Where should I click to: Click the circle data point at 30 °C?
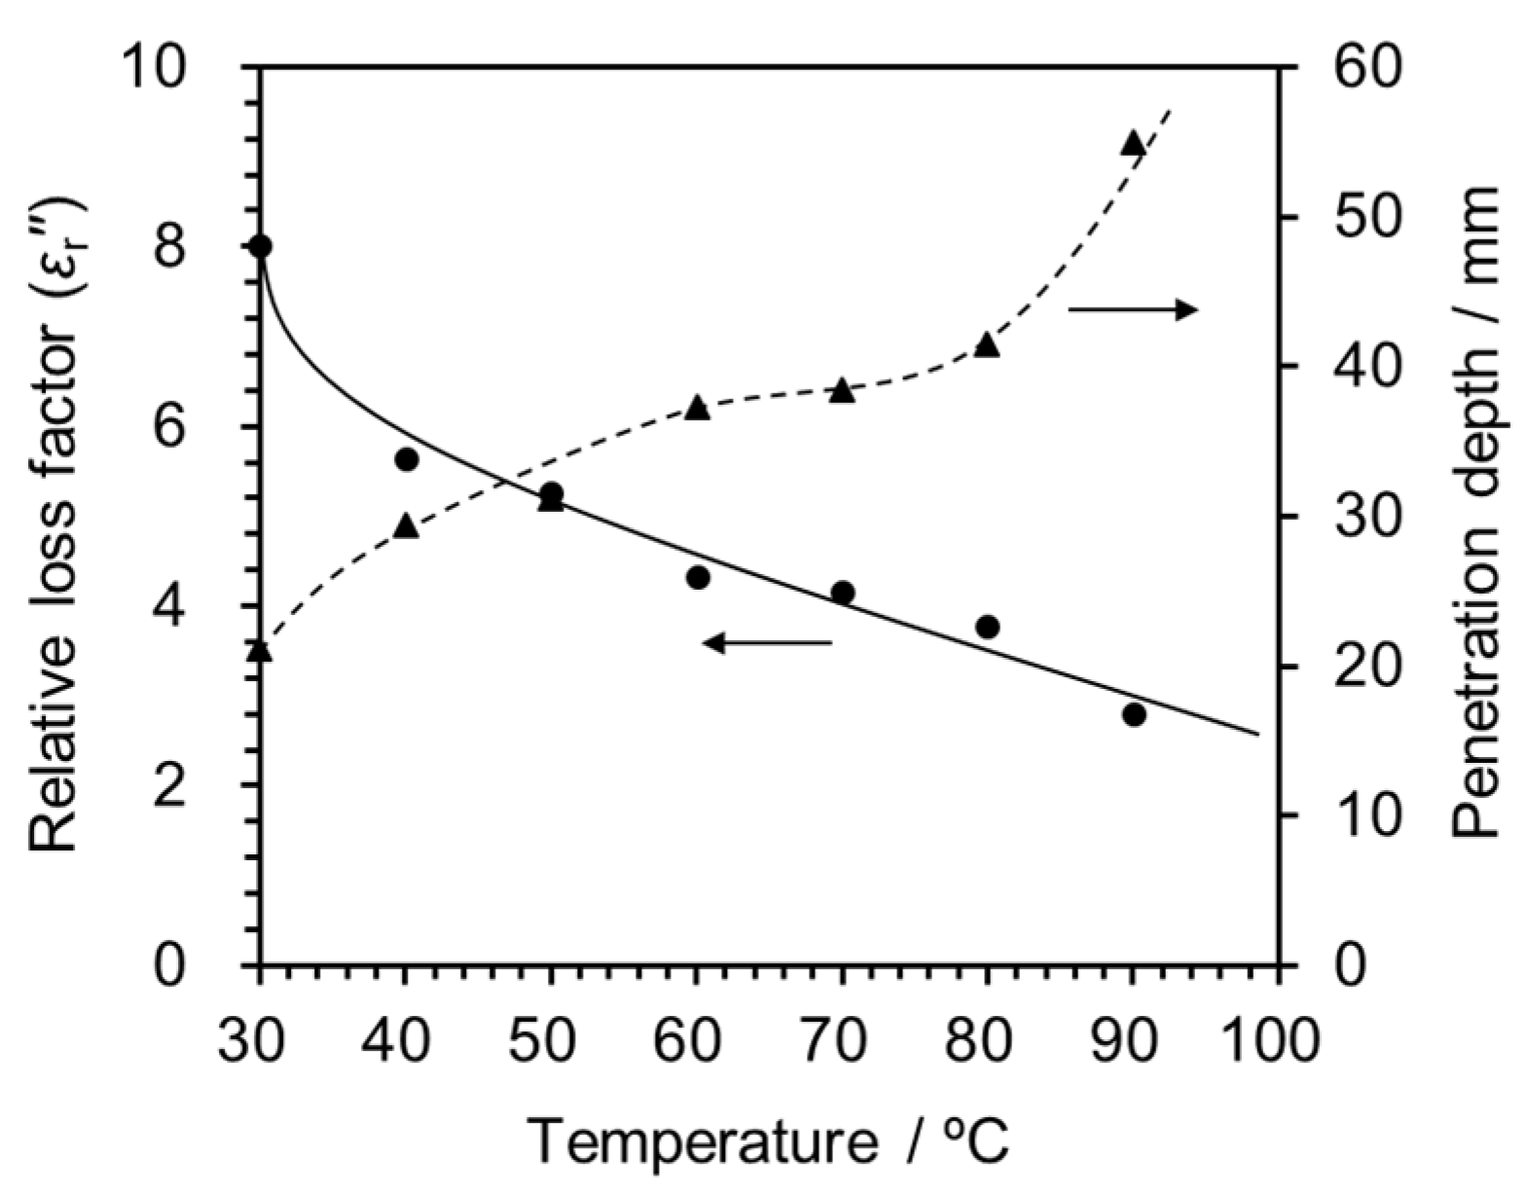click(x=260, y=246)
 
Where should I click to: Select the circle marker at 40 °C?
click(x=407, y=459)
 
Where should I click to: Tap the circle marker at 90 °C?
click(x=1134, y=715)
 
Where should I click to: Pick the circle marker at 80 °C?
click(x=988, y=627)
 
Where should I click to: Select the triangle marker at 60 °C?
click(x=697, y=408)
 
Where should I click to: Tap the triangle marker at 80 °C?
click(x=988, y=345)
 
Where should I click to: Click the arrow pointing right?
click(x=1133, y=310)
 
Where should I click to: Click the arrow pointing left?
click(x=768, y=642)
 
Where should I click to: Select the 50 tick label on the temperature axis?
click(x=551, y=1039)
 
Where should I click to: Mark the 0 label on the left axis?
click(x=171, y=966)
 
